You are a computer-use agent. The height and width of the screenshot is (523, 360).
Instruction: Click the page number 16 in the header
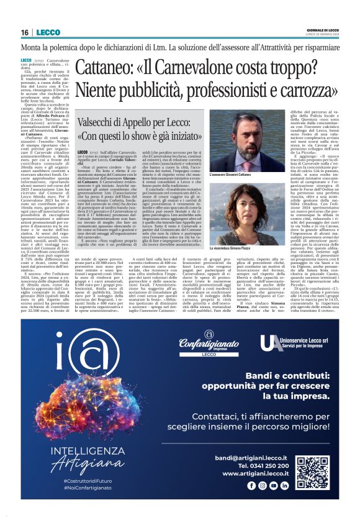click(25, 32)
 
